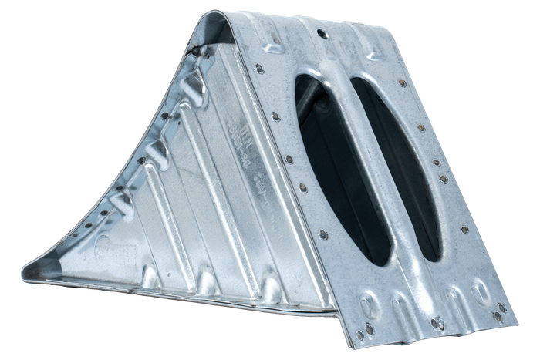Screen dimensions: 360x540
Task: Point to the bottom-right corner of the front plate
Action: point(518,308)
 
